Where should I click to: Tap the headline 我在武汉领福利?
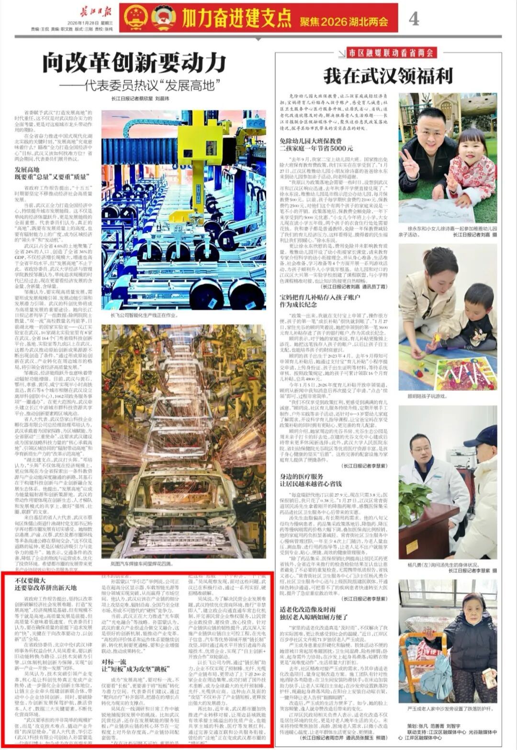point(388,76)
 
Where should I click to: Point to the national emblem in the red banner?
point(135,18)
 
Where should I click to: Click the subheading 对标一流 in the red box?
point(114,661)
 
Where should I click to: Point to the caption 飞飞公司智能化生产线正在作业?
point(144,316)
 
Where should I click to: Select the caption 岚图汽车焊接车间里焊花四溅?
point(142,564)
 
